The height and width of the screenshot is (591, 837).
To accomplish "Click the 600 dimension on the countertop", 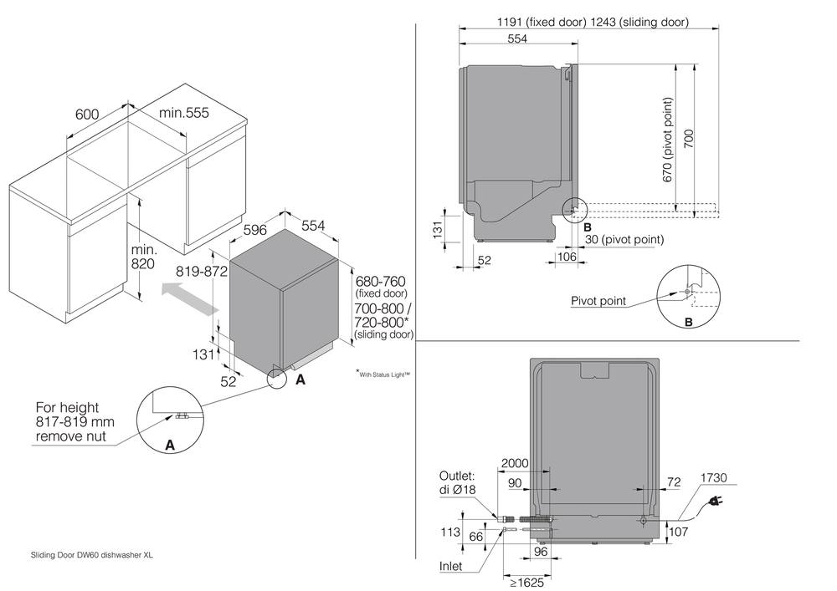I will point(86,114).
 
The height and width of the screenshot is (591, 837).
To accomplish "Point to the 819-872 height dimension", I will point(202,271).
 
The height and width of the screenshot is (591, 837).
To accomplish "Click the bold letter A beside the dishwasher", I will point(300,379).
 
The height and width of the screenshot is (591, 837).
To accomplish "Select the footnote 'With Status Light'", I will point(383,374).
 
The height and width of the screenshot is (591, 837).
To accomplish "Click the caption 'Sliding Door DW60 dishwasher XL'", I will point(92,554).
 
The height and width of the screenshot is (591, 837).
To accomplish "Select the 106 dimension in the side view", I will point(565,257).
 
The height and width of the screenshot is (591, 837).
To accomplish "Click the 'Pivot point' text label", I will point(598,301).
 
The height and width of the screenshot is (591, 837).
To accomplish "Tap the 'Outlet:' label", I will point(457,476).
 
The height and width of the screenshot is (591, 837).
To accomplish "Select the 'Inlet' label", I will point(451,566).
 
